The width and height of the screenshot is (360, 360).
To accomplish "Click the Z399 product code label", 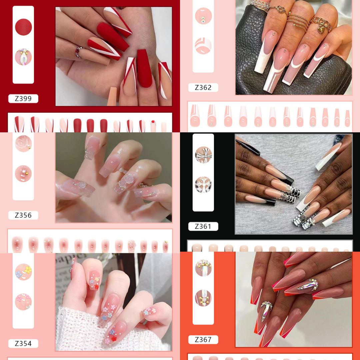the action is pos(23,98).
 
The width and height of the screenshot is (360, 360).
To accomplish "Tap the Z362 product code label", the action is pos(203,87).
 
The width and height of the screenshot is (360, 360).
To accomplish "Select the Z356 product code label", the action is pos(23,215).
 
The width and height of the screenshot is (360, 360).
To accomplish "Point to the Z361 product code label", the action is pos(203,226).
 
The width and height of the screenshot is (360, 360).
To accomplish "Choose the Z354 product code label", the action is pos(23,343).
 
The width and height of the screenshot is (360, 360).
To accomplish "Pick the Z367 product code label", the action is pos(203,340).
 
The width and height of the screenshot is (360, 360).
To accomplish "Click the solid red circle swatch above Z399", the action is pos(23,27).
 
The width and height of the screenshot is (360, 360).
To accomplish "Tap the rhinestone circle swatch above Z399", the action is pos(23,57).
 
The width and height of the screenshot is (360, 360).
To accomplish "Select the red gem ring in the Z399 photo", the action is pos(79,52).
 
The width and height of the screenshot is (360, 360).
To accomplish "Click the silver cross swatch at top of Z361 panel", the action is pos(203,155).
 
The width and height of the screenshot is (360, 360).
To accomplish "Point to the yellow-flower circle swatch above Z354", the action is pos(23,272).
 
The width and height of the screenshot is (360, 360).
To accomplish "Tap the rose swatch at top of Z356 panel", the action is pos(23,143).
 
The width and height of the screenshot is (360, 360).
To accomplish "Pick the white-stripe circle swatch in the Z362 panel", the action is pos(203,46).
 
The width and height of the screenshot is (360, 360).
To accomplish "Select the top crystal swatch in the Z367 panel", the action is pos(203,268).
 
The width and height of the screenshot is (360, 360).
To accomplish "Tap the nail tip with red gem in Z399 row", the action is pos(153,126).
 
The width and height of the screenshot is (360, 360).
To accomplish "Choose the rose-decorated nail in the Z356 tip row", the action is pos(132,246).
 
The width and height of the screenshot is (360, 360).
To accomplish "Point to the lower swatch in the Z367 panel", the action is pos(203,298).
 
